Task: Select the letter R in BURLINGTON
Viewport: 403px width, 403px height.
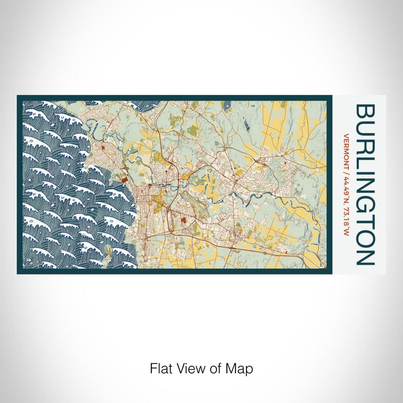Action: [x=366, y=145]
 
